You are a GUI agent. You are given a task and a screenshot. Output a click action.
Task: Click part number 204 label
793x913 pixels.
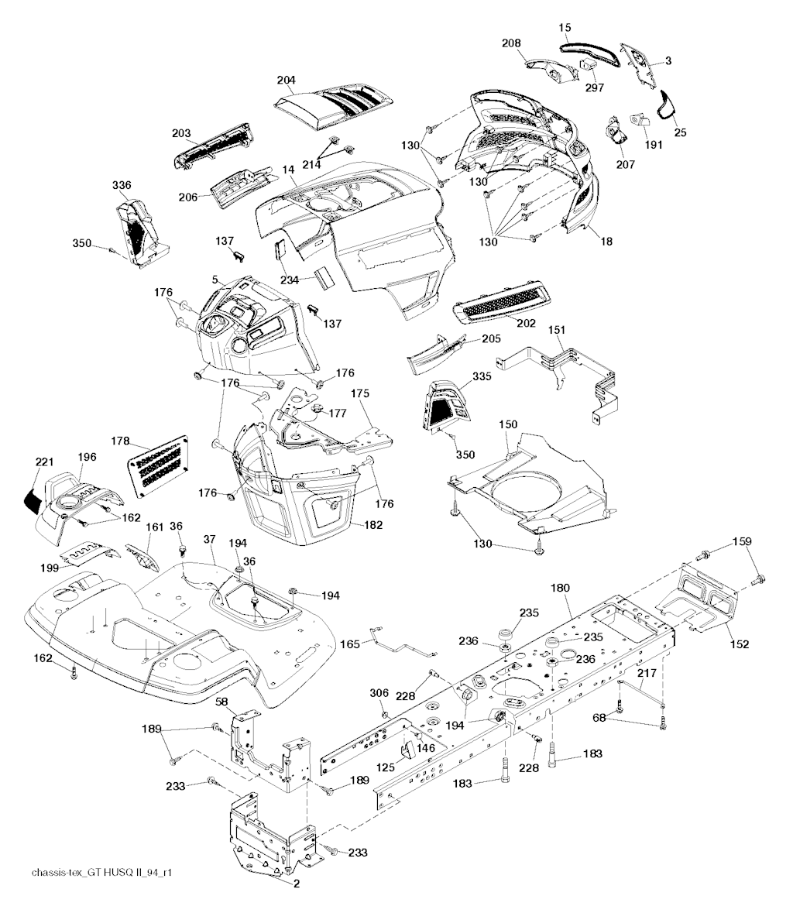[x=286, y=80]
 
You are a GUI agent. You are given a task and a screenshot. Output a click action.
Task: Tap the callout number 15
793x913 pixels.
[x=565, y=27]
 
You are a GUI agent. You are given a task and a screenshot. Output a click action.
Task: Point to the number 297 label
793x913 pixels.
[x=595, y=88]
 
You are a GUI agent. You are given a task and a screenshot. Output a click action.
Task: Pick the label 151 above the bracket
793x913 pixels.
[x=557, y=330]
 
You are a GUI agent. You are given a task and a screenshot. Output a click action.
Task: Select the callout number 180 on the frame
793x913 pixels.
[x=560, y=588]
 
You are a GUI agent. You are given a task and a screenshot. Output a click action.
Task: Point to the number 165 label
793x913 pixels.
[x=350, y=644]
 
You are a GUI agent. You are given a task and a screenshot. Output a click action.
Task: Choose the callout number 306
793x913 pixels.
[x=379, y=693]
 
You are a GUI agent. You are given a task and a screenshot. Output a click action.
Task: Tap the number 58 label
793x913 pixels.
[x=221, y=702]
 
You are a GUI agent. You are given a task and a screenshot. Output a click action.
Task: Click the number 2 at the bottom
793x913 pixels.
[x=297, y=884]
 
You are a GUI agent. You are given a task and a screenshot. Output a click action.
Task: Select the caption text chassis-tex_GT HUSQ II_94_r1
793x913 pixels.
[x=101, y=873]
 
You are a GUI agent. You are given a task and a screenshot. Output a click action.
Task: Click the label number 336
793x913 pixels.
[x=122, y=185]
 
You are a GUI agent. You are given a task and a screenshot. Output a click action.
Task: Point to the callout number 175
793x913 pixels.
[x=360, y=393]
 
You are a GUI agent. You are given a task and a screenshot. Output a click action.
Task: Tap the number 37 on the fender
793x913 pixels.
[x=210, y=540]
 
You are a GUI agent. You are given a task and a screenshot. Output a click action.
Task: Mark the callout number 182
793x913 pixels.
[x=372, y=525]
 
